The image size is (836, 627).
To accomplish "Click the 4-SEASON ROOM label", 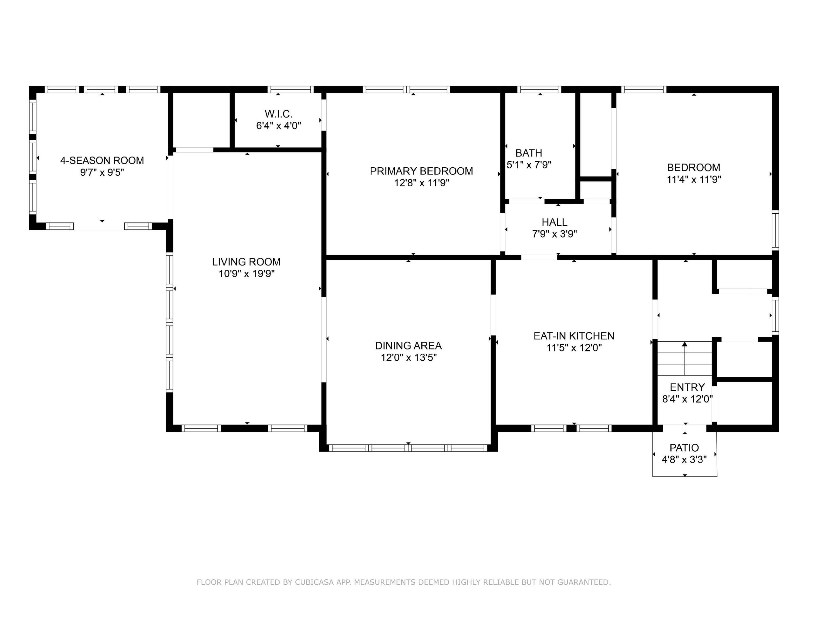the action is point(102,160).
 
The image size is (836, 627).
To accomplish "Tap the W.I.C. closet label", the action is point(279,114).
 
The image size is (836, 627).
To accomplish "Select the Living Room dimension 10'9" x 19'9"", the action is point(246,273).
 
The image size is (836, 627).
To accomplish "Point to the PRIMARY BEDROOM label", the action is point(421,171).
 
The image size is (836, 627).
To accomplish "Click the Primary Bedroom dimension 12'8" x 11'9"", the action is point(421,183).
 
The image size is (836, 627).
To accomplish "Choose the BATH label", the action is point(529,153).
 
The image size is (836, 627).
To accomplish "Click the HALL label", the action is point(555,222).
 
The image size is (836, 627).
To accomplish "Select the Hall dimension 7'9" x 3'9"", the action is point(555,234).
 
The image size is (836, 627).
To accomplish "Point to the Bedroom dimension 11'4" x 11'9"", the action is point(694,179).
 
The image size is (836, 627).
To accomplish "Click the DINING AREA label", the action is point(408,346).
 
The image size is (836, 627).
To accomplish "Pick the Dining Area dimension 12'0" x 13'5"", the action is point(409,357).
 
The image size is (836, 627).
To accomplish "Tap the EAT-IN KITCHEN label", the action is point(574,336).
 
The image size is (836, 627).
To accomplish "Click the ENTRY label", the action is point(687,387).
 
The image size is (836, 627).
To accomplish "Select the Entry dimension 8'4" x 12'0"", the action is point(687,399).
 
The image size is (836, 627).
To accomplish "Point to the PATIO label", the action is point(684,448).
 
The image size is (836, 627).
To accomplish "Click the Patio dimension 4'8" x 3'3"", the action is point(684,459).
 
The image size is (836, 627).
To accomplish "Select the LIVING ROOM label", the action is point(246,262).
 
